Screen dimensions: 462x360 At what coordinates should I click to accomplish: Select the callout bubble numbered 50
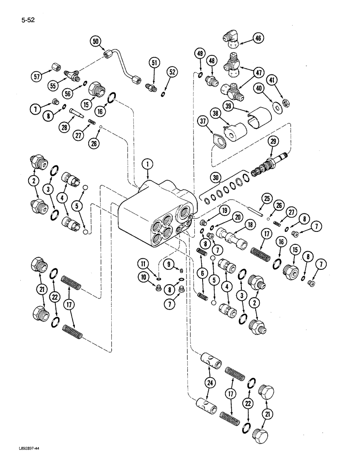[x=96, y=42]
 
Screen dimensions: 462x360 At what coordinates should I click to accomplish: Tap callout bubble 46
[x=258, y=39]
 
